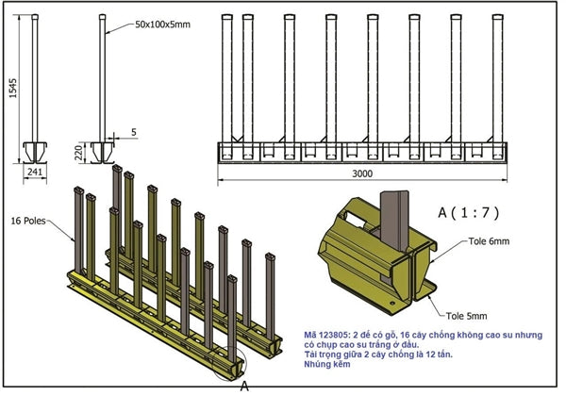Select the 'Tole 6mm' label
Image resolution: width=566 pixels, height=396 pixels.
(491, 241)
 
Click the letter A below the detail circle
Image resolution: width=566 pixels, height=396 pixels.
(243, 386)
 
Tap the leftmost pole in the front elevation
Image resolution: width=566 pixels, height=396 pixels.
(226, 80)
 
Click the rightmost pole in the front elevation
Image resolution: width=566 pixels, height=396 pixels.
(494, 80)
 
